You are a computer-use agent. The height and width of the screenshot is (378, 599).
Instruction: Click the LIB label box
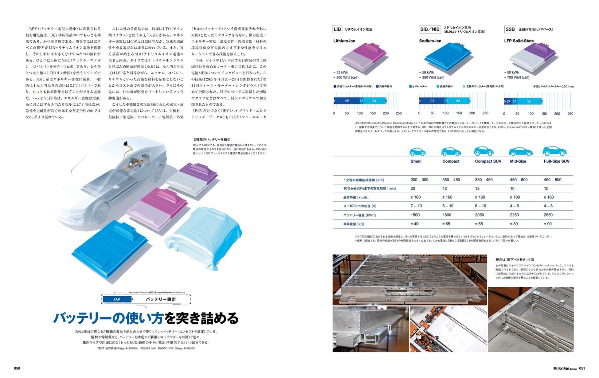(x=337, y=29)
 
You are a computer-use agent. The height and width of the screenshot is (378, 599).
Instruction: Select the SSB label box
(x=510, y=29)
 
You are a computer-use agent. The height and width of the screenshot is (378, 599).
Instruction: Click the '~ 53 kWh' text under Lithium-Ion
(x=341, y=73)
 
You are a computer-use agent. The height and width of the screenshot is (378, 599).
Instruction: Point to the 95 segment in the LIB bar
(x=347, y=101)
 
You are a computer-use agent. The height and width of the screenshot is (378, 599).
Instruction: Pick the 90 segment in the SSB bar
(x=529, y=101)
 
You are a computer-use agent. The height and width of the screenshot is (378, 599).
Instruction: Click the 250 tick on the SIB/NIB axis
(x=485, y=113)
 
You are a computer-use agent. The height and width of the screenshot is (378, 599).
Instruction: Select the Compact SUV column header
(x=488, y=161)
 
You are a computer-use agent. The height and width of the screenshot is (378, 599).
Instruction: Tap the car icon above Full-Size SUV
(x=554, y=151)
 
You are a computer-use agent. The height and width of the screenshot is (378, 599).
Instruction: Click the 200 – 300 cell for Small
(x=419, y=180)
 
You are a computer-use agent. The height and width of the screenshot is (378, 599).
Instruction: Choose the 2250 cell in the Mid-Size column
(x=514, y=215)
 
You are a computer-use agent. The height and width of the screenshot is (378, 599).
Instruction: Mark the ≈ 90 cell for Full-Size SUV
(x=548, y=224)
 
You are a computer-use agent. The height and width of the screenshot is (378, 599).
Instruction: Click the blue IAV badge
(x=117, y=299)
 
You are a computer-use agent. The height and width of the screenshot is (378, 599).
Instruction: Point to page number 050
(x=17, y=368)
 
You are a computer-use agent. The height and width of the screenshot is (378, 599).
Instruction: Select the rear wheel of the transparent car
(x=101, y=212)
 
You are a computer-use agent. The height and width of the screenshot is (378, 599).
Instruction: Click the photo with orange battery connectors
(x=448, y=329)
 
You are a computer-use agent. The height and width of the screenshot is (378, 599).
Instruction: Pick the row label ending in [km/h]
(x=356, y=197)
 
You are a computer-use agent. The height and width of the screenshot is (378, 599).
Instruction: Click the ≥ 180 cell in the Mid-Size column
(x=514, y=197)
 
